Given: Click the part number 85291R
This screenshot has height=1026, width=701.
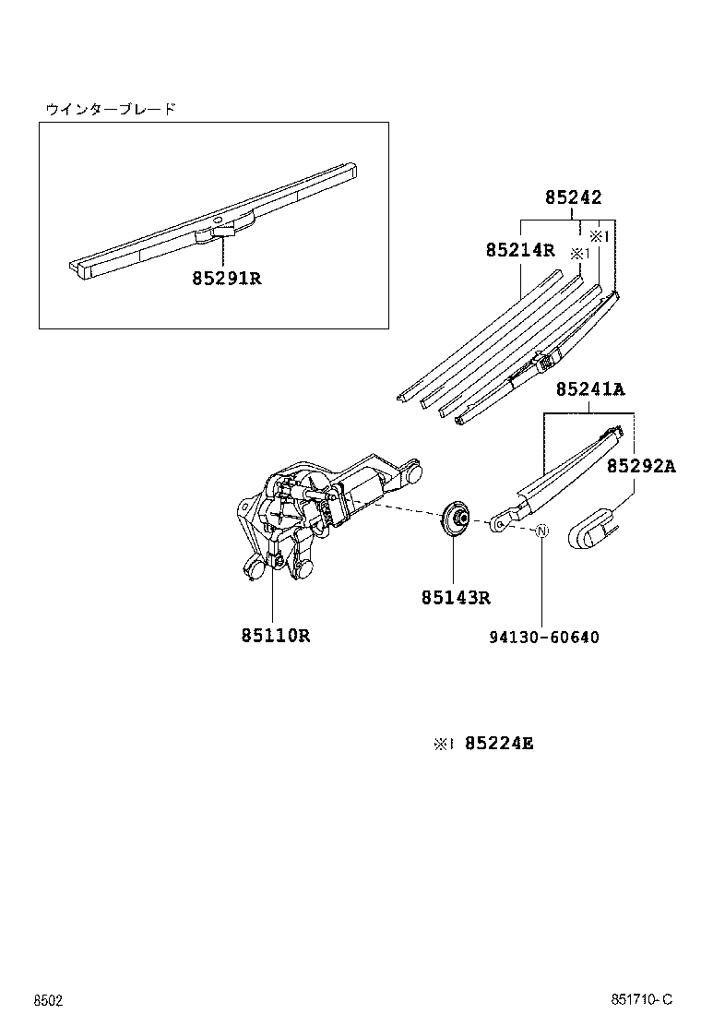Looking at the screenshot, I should [227, 277].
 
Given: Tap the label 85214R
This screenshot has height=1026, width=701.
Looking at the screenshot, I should [519, 250].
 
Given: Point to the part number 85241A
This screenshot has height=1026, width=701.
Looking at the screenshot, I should [589, 390].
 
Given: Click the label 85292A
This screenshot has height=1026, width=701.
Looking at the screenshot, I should [640, 467].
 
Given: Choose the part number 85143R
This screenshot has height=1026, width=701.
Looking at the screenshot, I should [456, 598].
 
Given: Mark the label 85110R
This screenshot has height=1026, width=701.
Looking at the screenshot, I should [275, 635].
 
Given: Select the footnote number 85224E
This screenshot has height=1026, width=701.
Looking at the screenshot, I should [498, 743].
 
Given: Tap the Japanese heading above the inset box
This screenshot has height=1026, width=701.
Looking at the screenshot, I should [111, 109].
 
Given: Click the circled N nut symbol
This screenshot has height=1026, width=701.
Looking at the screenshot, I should [542, 531].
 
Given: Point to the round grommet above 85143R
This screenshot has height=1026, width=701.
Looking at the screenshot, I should [455, 520].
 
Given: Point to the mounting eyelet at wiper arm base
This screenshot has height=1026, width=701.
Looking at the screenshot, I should [499, 523].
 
